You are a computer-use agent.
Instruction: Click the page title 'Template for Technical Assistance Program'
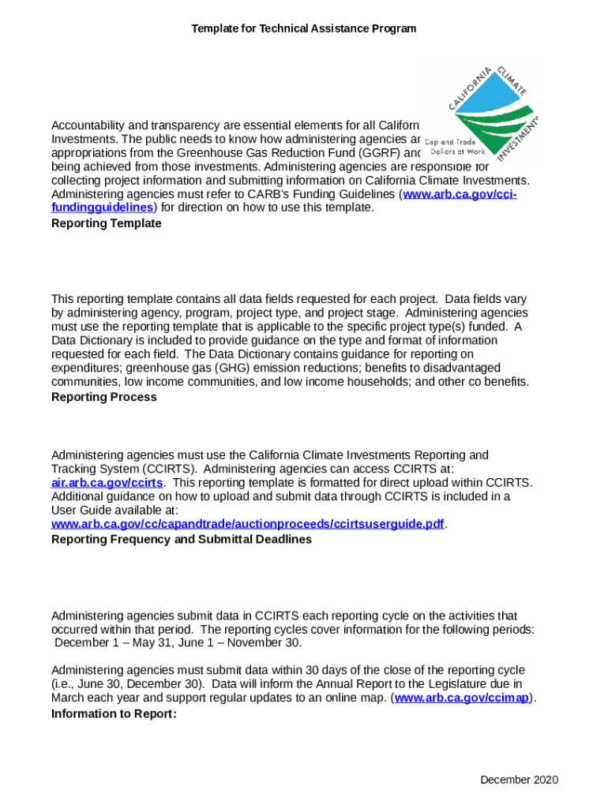[303, 28]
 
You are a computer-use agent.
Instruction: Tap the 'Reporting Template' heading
[106, 223]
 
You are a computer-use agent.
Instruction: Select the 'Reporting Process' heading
[103, 397]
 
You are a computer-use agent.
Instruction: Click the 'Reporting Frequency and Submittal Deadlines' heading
[181, 539]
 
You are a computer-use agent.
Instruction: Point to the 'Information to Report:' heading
[114, 713]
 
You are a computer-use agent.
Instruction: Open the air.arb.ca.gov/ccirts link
[107, 482]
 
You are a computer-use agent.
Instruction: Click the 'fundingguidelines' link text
[102, 208]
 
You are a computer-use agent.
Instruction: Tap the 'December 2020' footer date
[519, 780]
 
